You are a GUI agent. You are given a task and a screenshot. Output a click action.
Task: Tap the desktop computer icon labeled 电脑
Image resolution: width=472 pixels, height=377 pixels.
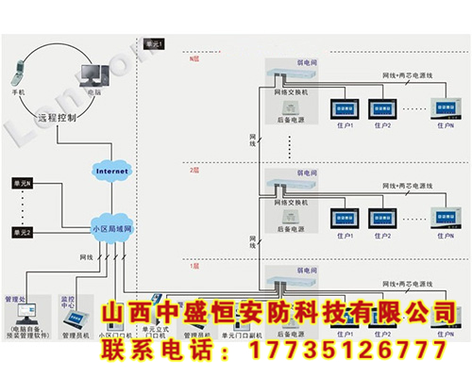pyautogui.click(x=93, y=71)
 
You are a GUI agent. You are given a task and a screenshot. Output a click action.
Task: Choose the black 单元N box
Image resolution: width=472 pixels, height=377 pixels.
pyautogui.click(x=22, y=182)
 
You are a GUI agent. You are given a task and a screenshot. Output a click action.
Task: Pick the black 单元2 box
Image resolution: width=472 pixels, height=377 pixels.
pyautogui.click(x=22, y=232)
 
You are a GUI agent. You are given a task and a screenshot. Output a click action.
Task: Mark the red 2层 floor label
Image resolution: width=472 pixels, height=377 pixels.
pyautogui.click(x=194, y=171)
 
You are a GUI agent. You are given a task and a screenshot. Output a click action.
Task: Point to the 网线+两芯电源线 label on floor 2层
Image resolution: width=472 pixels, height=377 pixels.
pyautogui.click(x=408, y=187)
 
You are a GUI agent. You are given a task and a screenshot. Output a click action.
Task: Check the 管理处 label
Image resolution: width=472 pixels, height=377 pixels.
pyautogui.click(x=19, y=300)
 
